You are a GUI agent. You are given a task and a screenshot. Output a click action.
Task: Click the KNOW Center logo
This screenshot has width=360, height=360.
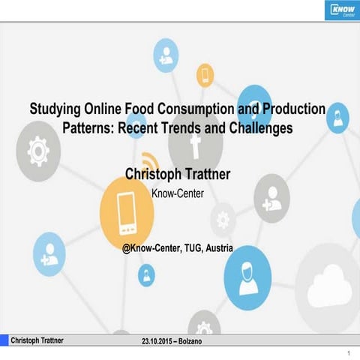point(342,10)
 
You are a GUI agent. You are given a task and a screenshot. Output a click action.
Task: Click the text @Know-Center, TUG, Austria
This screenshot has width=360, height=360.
point(177,247)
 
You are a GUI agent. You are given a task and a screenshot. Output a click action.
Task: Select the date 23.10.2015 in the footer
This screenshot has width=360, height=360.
point(159,341)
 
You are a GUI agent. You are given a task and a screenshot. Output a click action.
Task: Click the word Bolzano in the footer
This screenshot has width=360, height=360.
point(198,341)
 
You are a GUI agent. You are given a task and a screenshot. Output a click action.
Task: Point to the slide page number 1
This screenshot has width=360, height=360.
point(349,352)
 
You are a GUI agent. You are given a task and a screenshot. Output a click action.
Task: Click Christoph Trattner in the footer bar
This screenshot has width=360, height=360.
point(37,340)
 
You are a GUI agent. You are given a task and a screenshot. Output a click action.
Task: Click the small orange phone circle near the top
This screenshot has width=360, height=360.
point(205,74)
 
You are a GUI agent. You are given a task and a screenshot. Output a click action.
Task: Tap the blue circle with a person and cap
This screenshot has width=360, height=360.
point(247,271)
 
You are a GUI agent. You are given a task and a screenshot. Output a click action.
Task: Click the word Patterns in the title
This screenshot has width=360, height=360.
point(70,127)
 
